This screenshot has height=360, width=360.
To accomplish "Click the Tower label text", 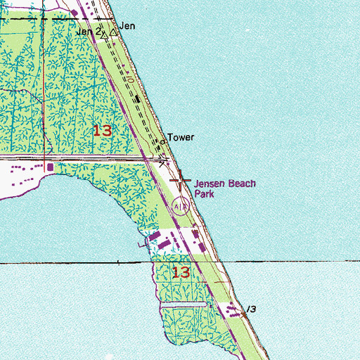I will [x=180, y=139].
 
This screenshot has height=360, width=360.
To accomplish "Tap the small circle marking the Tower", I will [x=163, y=141].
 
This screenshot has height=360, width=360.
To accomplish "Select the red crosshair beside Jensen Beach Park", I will [x=180, y=181].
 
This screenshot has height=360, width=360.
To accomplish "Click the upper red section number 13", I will [x=103, y=130].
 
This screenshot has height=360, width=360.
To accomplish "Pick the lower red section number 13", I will [x=181, y=272].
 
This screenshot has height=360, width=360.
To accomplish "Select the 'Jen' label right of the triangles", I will [x=127, y=25].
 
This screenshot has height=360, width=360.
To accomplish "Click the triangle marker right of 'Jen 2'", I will [x=103, y=33].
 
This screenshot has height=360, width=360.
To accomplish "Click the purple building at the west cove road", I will [x=49, y=167].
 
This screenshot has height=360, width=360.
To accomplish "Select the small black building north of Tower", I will [x=139, y=98].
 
